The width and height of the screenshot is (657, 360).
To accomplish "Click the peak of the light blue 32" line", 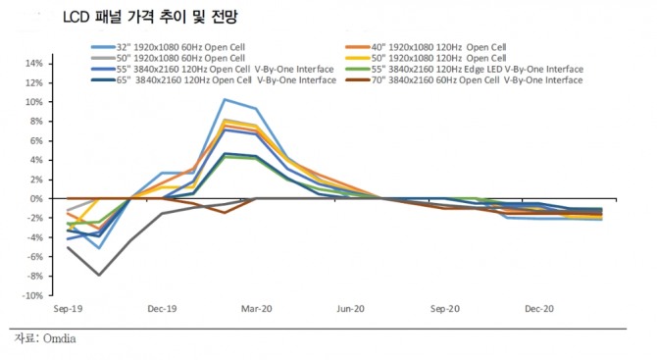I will pos(225,99).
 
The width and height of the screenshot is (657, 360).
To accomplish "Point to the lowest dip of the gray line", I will pos(99,275).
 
